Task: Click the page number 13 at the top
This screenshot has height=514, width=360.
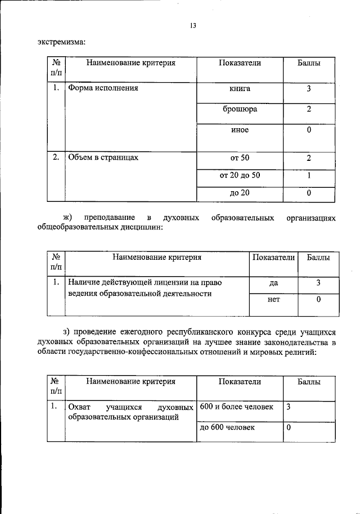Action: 192,25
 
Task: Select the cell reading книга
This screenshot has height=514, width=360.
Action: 240,88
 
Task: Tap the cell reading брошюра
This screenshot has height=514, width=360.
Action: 240,109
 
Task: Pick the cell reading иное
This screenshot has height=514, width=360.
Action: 240,130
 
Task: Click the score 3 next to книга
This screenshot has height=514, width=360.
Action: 309,88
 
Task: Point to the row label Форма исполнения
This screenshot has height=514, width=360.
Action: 103,88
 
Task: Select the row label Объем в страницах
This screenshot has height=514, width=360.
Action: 103,157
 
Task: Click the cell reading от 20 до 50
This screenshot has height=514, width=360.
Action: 240,175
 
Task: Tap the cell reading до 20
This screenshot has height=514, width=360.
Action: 240,193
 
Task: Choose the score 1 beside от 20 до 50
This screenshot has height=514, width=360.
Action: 309,175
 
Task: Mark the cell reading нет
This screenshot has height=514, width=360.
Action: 274,300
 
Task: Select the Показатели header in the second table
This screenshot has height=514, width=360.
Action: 273,258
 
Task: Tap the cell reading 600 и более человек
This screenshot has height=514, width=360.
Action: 236,406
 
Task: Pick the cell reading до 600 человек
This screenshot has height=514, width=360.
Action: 227,427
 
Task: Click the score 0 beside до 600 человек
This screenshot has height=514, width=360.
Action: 289,427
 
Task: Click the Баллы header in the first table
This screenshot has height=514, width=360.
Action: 309,64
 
